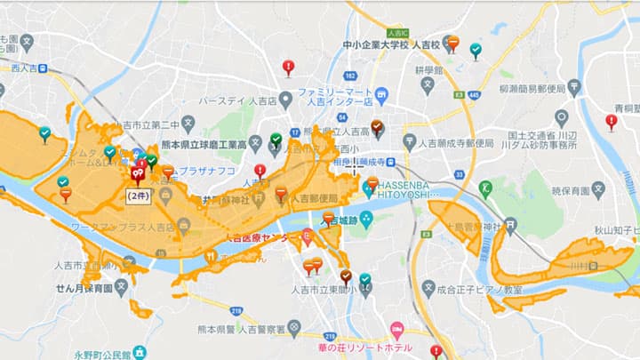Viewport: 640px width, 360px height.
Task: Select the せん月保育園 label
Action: click(x=84, y=289)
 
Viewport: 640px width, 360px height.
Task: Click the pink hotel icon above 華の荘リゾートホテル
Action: click(x=396, y=328)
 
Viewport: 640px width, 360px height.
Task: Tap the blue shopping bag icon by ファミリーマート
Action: click(x=381, y=93)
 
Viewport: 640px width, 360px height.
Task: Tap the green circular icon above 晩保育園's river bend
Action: click(x=486, y=188)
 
